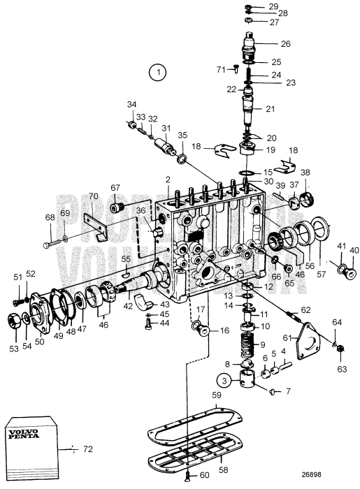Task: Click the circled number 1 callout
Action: [x=159, y=71]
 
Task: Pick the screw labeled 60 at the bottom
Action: [x=188, y=476]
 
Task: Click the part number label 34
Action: [x=131, y=105]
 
